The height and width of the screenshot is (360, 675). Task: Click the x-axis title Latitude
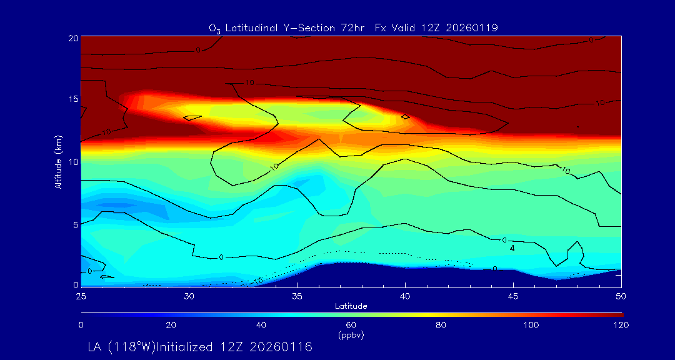[351, 306]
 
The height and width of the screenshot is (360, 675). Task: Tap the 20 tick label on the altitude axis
[72, 37]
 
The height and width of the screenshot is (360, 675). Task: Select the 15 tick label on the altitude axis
[72, 99]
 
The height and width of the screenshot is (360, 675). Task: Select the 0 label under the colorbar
[81, 325]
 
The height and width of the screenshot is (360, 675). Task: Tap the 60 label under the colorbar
[351, 325]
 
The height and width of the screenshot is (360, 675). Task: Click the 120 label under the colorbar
[621, 325]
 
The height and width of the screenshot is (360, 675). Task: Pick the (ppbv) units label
[351, 335]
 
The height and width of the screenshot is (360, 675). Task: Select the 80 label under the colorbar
[441, 325]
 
